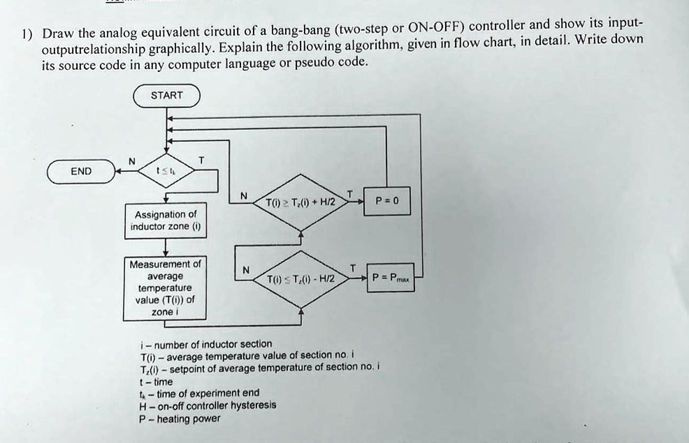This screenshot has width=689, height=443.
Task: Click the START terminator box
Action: pyautogui.click(x=166, y=96)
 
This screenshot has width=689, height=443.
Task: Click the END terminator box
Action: pyautogui.click(x=80, y=171)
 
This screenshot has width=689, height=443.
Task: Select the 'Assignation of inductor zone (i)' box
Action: pyautogui.click(x=165, y=220)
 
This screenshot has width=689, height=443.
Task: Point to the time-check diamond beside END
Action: pyautogui.click(x=166, y=170)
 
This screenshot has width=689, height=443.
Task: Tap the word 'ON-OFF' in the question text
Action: pyautogui.click(x=434, y=27)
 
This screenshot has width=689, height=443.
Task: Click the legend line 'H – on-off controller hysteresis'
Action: pyautogui.click(x=208, y=405)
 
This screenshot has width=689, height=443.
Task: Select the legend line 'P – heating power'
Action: pyautogui.click(x=180, y=419)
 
